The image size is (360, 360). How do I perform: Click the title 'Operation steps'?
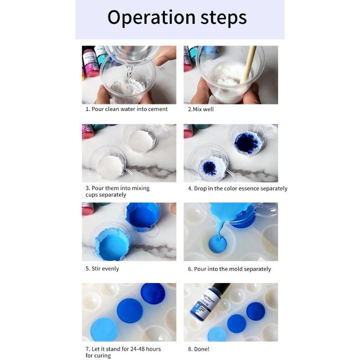177,18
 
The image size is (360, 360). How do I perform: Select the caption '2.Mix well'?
201,109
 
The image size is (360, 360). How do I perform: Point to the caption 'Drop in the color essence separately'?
237,189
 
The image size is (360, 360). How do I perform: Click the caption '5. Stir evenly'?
102,268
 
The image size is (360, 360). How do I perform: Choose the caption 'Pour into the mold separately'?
229,269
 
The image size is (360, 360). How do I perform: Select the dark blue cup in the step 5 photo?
143,216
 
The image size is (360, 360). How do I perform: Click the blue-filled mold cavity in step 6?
217,245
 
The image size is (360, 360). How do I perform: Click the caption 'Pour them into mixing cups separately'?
117,191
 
